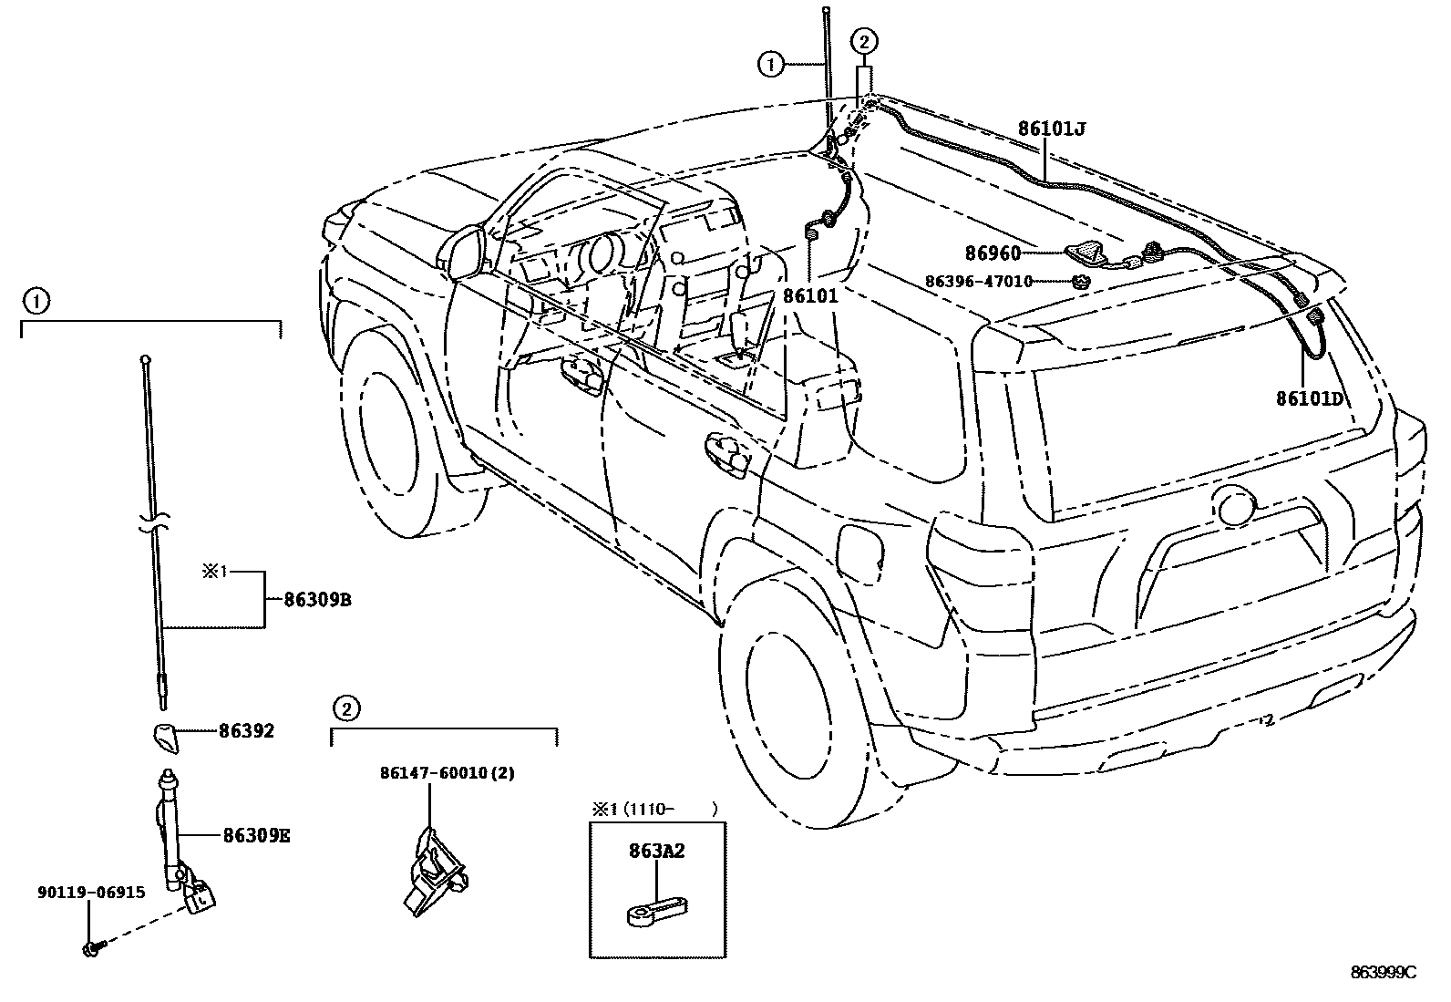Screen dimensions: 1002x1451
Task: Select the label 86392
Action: point(246,731)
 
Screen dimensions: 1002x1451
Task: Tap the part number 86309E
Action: point(256,835)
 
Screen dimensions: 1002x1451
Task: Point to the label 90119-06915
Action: point(91,893)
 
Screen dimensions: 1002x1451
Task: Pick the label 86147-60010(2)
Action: point(447,773)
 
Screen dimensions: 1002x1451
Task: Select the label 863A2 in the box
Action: point(656,852)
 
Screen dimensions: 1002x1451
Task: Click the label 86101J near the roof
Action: point(1052,129)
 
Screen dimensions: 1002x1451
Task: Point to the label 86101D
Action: point(1309,398)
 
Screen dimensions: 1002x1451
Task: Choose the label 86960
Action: point(993,253)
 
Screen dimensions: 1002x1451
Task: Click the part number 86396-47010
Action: point(978,282)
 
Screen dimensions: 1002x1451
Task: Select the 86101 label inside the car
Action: point(810,296)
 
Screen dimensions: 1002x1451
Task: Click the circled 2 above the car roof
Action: point(864,40)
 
